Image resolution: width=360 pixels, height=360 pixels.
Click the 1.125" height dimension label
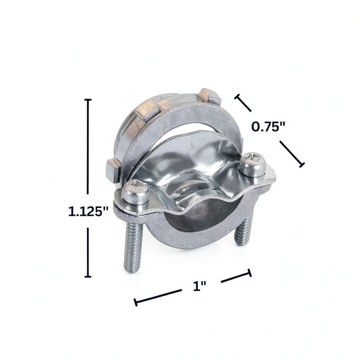(x=88, y=211)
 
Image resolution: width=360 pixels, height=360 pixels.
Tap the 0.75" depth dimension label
(x=268, y=127)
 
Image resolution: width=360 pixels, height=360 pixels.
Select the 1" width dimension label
(x=200, y=286)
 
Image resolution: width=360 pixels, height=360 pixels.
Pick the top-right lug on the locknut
(x=210, y=96)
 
